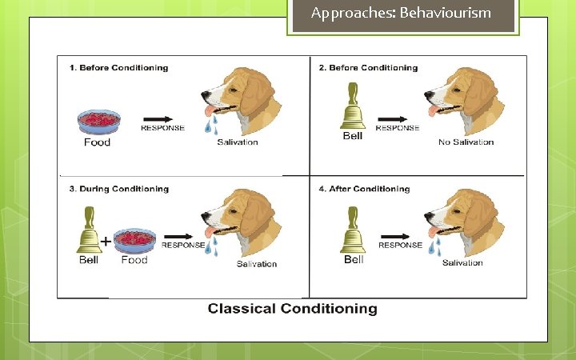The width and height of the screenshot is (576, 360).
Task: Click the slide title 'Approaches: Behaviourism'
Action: [x=401, y=13]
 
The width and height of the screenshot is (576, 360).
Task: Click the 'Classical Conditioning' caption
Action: [x=292, y=309]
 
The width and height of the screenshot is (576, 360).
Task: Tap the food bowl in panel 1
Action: [x=98, y=121]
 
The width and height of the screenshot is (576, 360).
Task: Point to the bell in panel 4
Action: [x=353, y=233]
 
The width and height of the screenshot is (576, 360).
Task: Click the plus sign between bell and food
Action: [x=106, y=241]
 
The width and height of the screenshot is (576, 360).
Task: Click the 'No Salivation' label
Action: [x=466, y=142]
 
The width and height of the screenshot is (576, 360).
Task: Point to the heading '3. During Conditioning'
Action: [x=118, y=190]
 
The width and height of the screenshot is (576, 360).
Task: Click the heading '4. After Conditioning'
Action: [x=364, y=190]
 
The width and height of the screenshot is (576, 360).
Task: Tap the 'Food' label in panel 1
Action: [x=97, y=142]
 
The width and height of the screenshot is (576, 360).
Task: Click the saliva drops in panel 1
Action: [x=210, y=125]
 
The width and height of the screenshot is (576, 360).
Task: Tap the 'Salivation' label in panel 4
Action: [x=462, y=262]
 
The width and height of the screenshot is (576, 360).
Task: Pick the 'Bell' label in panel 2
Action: [x=352, y=136]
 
